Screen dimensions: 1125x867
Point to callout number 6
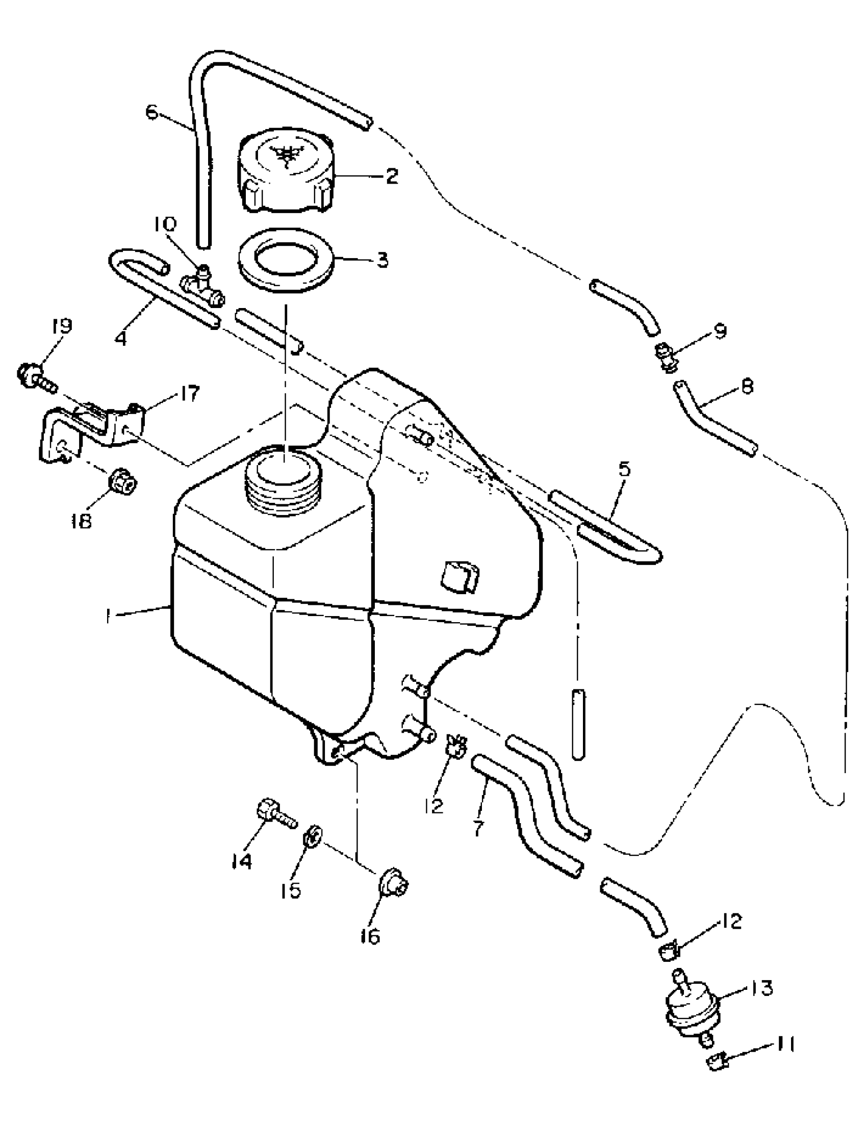pos(151,111)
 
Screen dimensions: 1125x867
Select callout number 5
pos(624,469)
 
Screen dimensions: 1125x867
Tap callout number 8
pos(748,386)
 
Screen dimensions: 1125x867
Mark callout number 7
pos(478,828)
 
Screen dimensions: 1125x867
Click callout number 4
pos(121,339)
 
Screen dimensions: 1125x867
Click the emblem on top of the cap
pos(285,153)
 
